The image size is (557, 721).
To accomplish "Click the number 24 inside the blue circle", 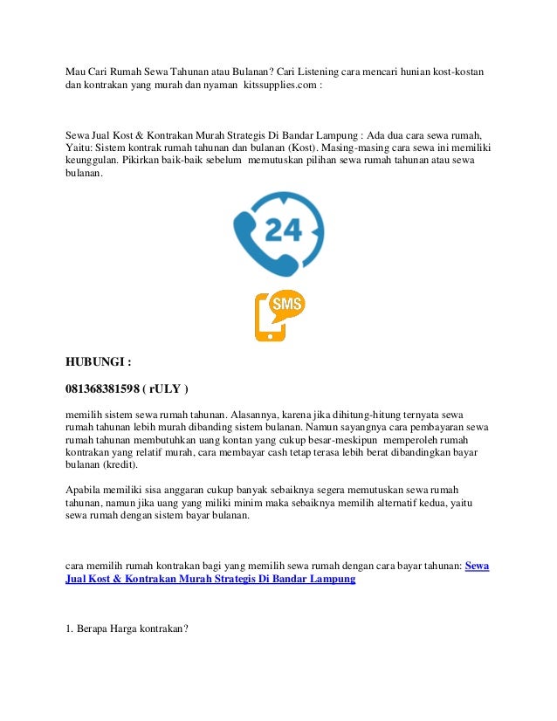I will [283, 229].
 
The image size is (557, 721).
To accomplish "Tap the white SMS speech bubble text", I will [287, 304].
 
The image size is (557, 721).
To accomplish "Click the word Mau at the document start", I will [77, 71].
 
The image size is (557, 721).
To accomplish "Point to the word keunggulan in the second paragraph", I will [92, 161].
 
